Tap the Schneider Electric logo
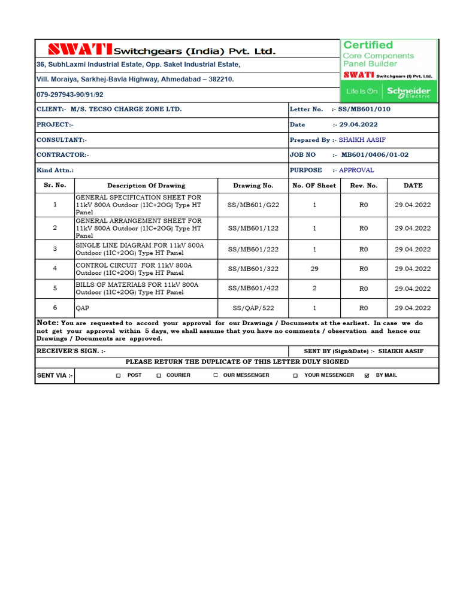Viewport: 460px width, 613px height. click(x=408, y=92)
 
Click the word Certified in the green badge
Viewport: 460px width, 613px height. click(x=368, y=45)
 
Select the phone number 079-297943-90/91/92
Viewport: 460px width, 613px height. click(x=70, y=95)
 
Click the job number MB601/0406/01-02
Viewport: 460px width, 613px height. click(x=375, y=154)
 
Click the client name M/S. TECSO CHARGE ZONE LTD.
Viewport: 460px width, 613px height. click(x=126, y=110)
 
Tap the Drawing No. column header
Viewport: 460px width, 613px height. click(x=253, y=186)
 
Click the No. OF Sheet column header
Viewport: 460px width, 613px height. click(x=314, y=186)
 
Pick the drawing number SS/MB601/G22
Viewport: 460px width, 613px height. click(x=253, y=205)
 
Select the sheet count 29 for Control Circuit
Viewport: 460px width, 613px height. click(x=314, y=269)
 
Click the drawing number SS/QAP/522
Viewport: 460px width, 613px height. click(x=253, y=308)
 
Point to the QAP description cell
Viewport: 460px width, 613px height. click(x=81, y=308)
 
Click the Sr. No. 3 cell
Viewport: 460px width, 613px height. click(x=55, y=249)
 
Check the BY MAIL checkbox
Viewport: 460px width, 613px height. click(x=367, y=375)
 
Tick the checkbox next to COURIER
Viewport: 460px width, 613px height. click(x=159, y=375)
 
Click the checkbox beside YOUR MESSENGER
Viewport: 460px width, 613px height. click(x=295, y=375)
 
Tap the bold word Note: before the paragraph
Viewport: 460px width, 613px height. click(x=48, y=323)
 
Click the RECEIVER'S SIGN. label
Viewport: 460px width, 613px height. click(x=71, y=351)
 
